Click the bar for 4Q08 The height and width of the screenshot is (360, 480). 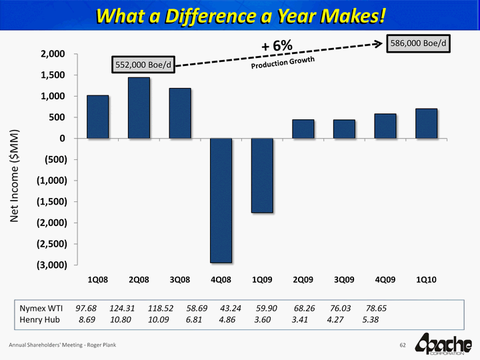click(221, 200)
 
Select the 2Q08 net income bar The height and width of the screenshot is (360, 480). click(139, 108)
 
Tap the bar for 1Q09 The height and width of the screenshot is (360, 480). click(262, 175)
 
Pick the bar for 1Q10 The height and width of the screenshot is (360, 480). click(426, 123)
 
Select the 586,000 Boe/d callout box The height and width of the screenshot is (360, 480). click(419, 44)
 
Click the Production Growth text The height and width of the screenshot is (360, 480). click(282, 61)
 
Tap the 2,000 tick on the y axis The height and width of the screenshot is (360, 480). click(51, 54)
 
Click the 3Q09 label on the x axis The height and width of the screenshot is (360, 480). click(343, 279)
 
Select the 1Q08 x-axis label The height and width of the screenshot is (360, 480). click(98, 279)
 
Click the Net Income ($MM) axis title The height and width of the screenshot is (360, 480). click(21, 175)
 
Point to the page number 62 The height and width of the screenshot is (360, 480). click(403, 345)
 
